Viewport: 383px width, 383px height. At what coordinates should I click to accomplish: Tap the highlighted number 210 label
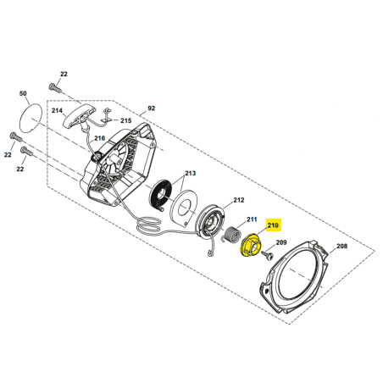point(273,225)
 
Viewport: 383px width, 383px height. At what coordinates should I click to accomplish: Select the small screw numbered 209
point(268,254)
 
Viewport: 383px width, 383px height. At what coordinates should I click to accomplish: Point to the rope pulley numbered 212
point(211,222)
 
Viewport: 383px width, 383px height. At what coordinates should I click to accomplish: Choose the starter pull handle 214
point(77,117)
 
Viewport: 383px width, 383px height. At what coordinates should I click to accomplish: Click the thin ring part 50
point(31,118)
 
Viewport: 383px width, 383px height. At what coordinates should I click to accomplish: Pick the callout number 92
point(152,108)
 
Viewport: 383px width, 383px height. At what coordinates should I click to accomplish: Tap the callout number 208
point(341,247)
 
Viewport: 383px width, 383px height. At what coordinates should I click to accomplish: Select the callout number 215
point(126,121)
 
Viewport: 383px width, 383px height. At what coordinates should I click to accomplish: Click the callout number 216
point(99,138)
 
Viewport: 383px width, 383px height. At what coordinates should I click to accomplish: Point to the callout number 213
point(190,173)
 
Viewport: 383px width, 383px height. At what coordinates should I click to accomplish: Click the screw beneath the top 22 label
point(55,87)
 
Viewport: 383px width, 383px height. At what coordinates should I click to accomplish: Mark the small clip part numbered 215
point(106,114)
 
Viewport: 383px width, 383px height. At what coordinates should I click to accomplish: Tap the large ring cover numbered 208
point(294,277)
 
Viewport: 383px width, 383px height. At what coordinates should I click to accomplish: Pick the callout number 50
point(23,93)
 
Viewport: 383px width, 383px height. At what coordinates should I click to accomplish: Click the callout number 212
point(238,200)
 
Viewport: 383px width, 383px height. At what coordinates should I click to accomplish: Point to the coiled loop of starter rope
point(149,225)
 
